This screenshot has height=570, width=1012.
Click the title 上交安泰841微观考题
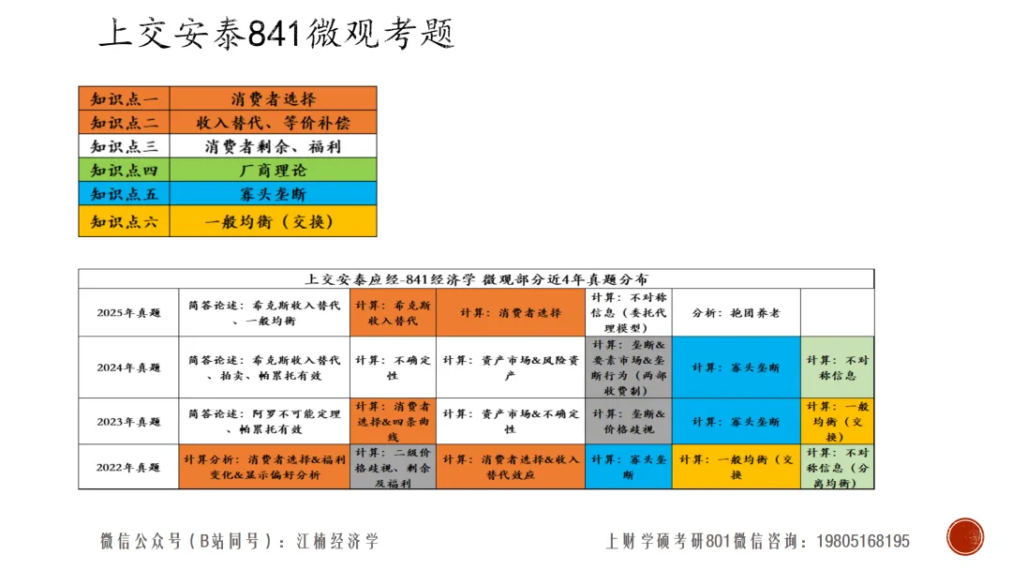pos(276,34)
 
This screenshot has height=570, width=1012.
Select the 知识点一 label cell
pos(124,98)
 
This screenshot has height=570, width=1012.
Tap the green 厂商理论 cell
pos(273,171)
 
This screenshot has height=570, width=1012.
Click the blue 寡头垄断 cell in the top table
pos(273,195)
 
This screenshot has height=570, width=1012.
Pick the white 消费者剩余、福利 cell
pos(273,146)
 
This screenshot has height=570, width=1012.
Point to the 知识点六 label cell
pos(124,221)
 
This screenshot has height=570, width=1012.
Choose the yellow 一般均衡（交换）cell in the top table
pos(273,221)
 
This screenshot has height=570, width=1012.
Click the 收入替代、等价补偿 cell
pos(273,122)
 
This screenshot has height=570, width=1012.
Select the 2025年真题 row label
pos(128,313)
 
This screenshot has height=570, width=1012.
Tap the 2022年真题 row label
pos(128,467)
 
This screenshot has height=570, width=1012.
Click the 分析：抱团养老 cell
pos(736,313)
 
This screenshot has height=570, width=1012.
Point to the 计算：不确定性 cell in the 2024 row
pos(393,367)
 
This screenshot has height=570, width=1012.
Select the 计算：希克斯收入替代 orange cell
pos(393,313)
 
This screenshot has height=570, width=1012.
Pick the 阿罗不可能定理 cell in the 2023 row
pos(264,421)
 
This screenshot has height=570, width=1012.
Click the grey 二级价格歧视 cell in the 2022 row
pos(393,467)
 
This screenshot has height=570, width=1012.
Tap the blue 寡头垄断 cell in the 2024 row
pos(736,367)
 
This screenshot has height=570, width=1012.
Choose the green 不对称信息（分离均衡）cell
pos(837,467)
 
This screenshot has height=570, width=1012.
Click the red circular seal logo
pos(964,536)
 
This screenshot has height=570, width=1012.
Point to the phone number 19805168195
pos(863,542)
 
